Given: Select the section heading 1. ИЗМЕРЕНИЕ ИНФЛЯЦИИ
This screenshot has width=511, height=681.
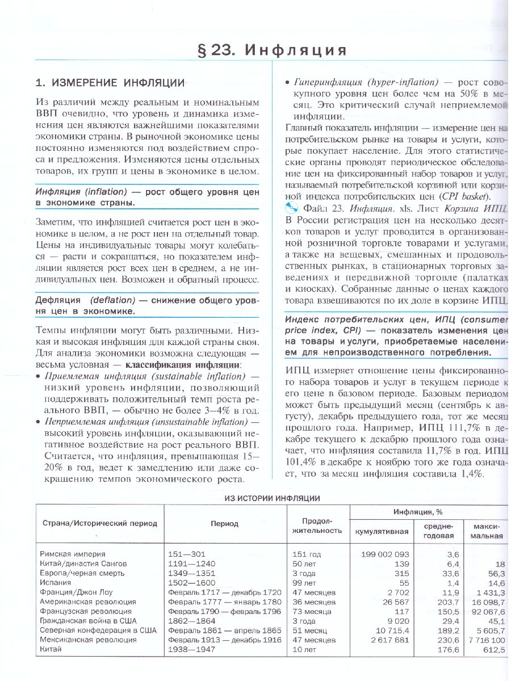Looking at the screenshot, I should [110, 83].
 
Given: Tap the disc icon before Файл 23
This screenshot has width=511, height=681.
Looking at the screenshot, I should [292, 208].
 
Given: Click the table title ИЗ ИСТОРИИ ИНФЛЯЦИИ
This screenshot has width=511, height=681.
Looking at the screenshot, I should [272, 498].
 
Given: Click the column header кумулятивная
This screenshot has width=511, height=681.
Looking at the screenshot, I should [382, 531].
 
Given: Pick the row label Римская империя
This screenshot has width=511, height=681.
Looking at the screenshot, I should [73, 553].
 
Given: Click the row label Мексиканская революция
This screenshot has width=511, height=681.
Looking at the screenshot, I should [88, 640].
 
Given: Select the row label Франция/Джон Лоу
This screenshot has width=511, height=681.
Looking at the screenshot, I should [76, 592].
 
